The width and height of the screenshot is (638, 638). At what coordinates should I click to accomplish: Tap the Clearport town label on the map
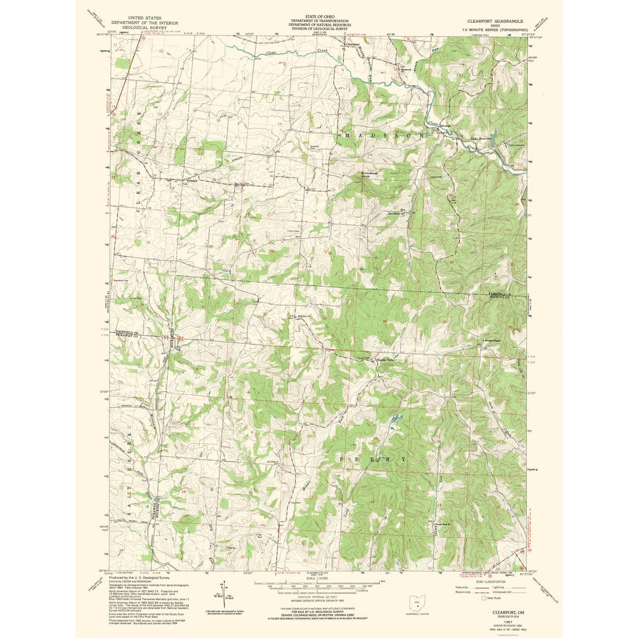click(x=353, y=44)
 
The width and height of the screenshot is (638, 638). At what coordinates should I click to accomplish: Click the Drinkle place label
click(x=192, y=180)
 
